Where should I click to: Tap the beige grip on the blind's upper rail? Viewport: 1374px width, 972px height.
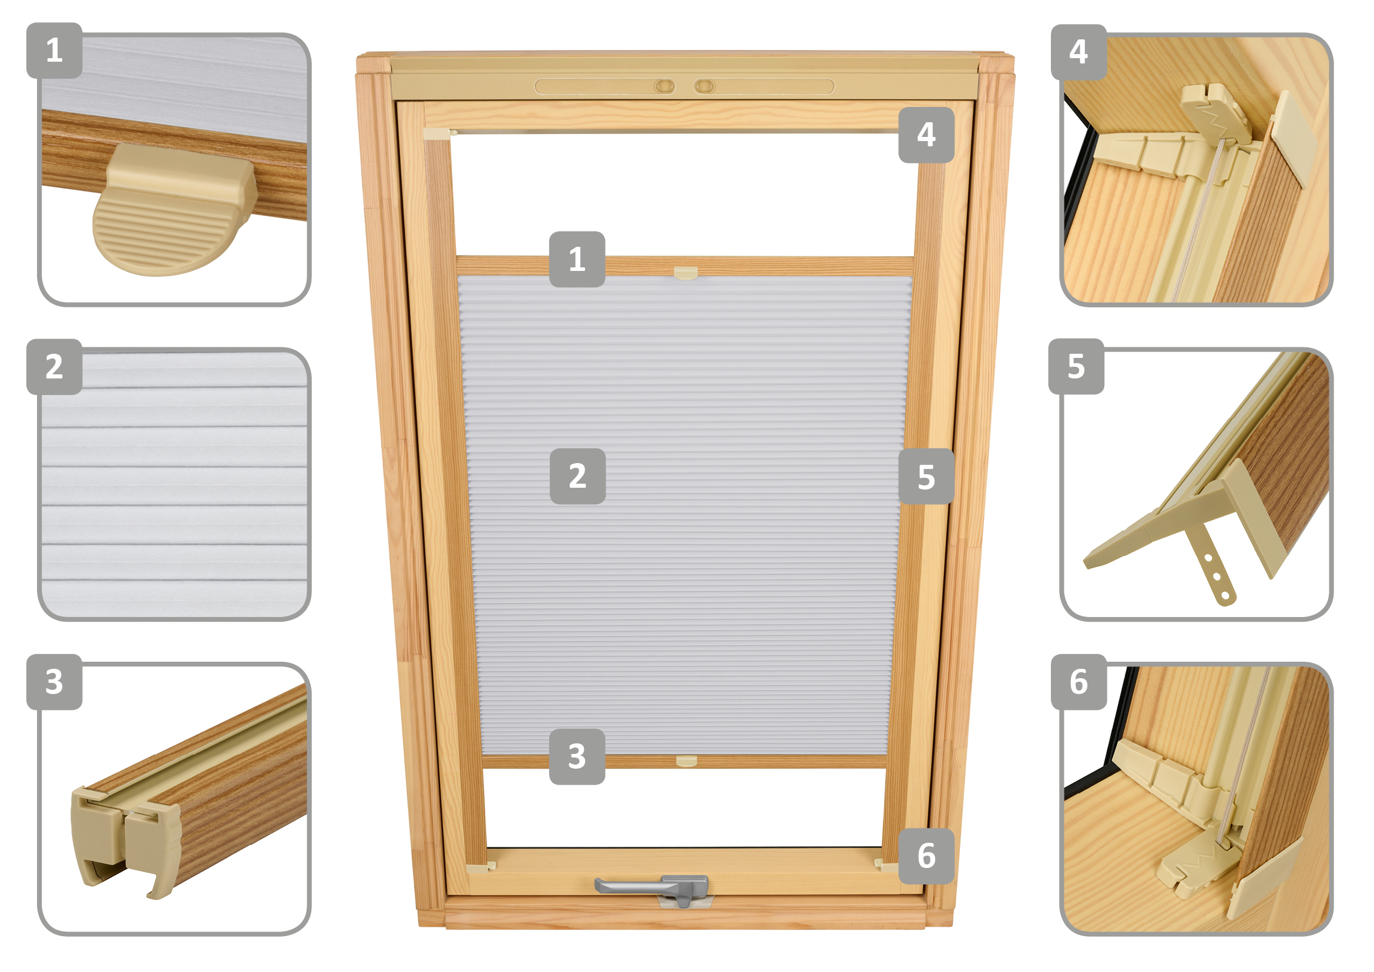click(686, 273)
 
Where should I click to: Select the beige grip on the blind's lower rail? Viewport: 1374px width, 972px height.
click(686, 761)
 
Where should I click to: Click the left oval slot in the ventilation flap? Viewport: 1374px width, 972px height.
click(664, 87)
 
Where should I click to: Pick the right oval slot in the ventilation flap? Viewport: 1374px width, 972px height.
click(704, 87)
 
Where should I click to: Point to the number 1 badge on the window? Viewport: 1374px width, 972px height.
click(577, 259)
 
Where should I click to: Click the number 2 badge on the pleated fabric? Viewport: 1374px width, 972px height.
click(577, 476)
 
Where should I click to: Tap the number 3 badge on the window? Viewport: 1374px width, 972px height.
click(577, 756)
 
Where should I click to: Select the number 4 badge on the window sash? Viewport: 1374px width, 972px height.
click(926, 135)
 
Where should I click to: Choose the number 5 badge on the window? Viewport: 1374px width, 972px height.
click(926, 476)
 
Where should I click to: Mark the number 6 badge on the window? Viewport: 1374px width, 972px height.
click(926, 856)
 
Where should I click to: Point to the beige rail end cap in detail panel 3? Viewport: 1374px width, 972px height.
click(126, 841)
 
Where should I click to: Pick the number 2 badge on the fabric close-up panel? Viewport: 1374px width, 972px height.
click(55, 366)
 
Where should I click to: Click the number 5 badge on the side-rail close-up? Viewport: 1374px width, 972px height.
click(1076, 366)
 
